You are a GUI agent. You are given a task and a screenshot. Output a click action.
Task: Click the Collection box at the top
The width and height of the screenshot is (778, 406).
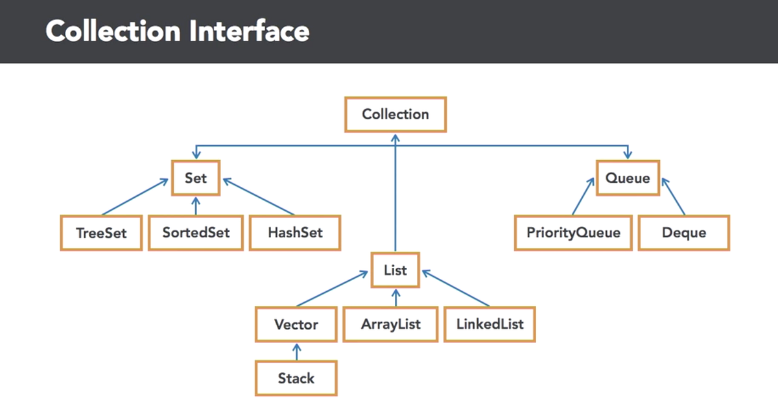click(395, 115)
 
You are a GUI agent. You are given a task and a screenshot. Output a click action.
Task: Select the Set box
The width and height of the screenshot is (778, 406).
click(195, 178)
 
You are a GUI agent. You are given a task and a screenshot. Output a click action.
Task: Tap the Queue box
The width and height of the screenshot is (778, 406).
click(628, 178)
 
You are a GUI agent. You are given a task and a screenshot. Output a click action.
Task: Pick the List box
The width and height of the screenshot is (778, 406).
click(395, 270)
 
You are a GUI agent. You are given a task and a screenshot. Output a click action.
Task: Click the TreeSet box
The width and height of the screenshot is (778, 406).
click(100, 233)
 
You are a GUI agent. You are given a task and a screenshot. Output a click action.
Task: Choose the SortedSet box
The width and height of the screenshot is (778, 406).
click(196, 233)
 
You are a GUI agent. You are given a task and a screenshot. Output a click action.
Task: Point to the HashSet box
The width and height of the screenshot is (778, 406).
click(295, 233)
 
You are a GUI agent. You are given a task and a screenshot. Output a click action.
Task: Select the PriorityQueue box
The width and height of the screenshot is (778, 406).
click(572, 233)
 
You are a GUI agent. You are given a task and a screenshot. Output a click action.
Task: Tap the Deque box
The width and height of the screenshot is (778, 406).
click(683, 233)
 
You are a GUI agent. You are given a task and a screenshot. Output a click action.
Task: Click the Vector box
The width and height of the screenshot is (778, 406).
click(296, 324)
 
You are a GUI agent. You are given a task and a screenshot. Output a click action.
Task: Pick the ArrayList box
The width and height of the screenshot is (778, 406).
click(390, 324)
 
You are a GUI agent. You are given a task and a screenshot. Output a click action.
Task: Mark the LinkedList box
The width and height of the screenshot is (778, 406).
click(489, 324)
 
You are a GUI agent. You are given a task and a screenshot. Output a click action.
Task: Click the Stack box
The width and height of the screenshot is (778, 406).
click(296, 378)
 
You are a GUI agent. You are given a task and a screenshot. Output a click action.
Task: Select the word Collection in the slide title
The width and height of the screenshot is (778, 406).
click(110, 31)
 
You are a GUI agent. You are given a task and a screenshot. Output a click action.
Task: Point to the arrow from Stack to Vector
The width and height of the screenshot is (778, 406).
click(296, 352)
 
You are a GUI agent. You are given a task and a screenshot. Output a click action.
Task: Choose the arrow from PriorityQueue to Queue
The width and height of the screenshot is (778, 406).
click(583, 196)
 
